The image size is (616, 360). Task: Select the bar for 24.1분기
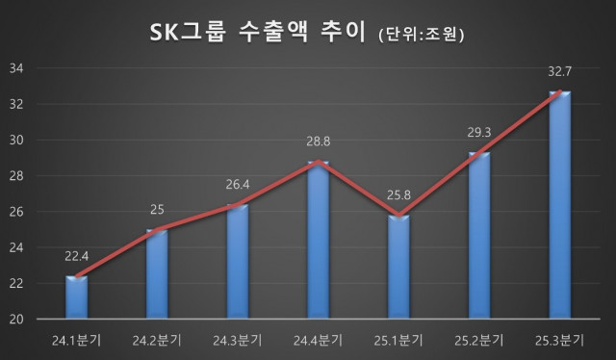[x=76, y=298]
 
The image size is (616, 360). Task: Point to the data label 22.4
[x=76, y=256]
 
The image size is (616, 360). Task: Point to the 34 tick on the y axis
[x=16, y=68]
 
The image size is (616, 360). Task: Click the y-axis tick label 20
[x=16, y=319]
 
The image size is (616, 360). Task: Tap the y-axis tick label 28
[x=16, y=176]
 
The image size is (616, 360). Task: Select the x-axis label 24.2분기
[x=156, y=340]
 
